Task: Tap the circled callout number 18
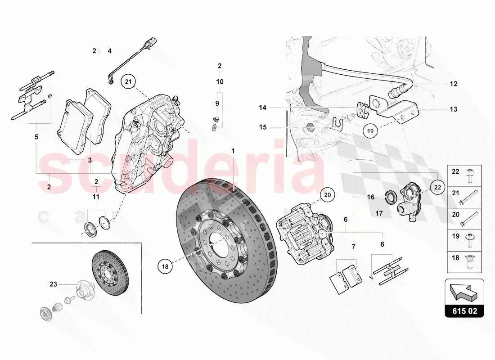tap(165, 266)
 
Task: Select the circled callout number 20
tap(328, 195)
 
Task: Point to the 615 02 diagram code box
tap(465, 310)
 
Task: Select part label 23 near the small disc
tap(54, 284)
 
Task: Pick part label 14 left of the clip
tap(263, 108)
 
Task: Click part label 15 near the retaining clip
tap(263, 127)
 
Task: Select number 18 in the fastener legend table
tap(455, 258)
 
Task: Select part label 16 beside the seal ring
tap(370, 197)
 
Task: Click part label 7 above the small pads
tap(354, 247)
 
